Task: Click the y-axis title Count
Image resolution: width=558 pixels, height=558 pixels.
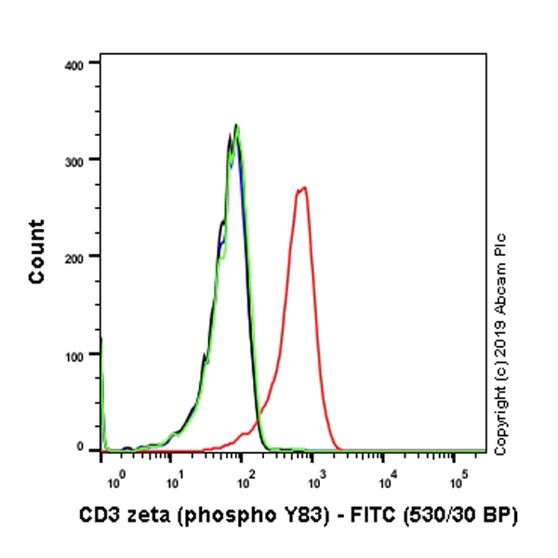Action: tap(37, 251)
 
